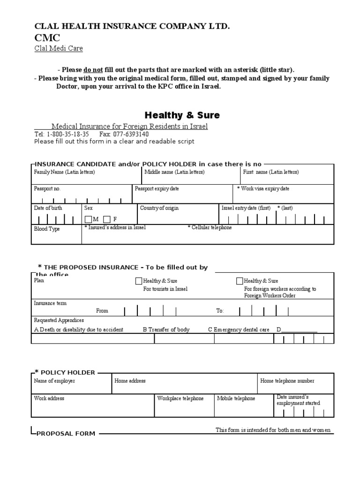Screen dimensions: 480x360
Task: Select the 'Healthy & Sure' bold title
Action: tap(182, 115)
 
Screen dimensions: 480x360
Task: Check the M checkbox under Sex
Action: tap(88, 219)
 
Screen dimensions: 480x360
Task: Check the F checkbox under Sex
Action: tap(107, 219)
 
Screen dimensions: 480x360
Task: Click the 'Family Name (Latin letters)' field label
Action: tap(64, 172)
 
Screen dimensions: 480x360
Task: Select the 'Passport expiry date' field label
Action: tap(157, 189)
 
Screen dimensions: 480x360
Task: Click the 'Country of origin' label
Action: tap(159, 208)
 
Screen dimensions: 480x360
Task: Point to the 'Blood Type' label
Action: tap(47, 229)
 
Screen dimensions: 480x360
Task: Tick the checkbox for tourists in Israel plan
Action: tap(138, 281)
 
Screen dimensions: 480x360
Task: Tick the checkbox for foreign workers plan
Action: tap(240, 281)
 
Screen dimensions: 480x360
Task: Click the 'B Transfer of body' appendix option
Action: tap(166, 330)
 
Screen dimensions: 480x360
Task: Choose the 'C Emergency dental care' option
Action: tap(239, 330)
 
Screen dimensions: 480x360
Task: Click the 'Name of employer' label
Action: tap(54, 381)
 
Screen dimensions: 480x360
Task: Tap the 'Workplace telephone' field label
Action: tap(180, 398)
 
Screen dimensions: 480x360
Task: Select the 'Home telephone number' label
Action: tap(287, 381)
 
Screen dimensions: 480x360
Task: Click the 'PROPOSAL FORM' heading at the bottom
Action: tap(66, 434)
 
